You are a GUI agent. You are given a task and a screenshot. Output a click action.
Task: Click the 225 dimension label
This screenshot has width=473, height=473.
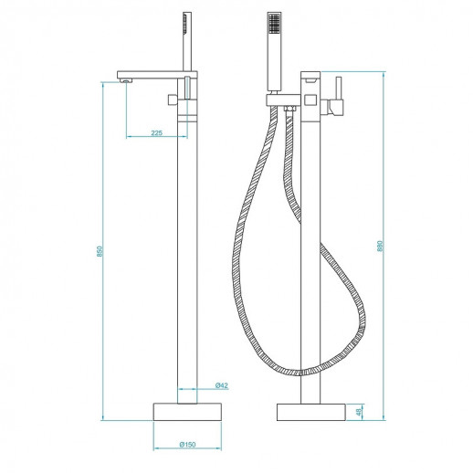click(x=156, y=132)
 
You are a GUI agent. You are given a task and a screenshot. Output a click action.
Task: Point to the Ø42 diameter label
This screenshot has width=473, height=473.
click(x=222, y=385)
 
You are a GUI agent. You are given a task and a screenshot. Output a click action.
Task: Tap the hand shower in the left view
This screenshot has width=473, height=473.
click(x=188, y=41)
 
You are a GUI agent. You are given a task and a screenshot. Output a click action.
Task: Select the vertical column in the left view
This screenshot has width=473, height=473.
click(x=187, y=256)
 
